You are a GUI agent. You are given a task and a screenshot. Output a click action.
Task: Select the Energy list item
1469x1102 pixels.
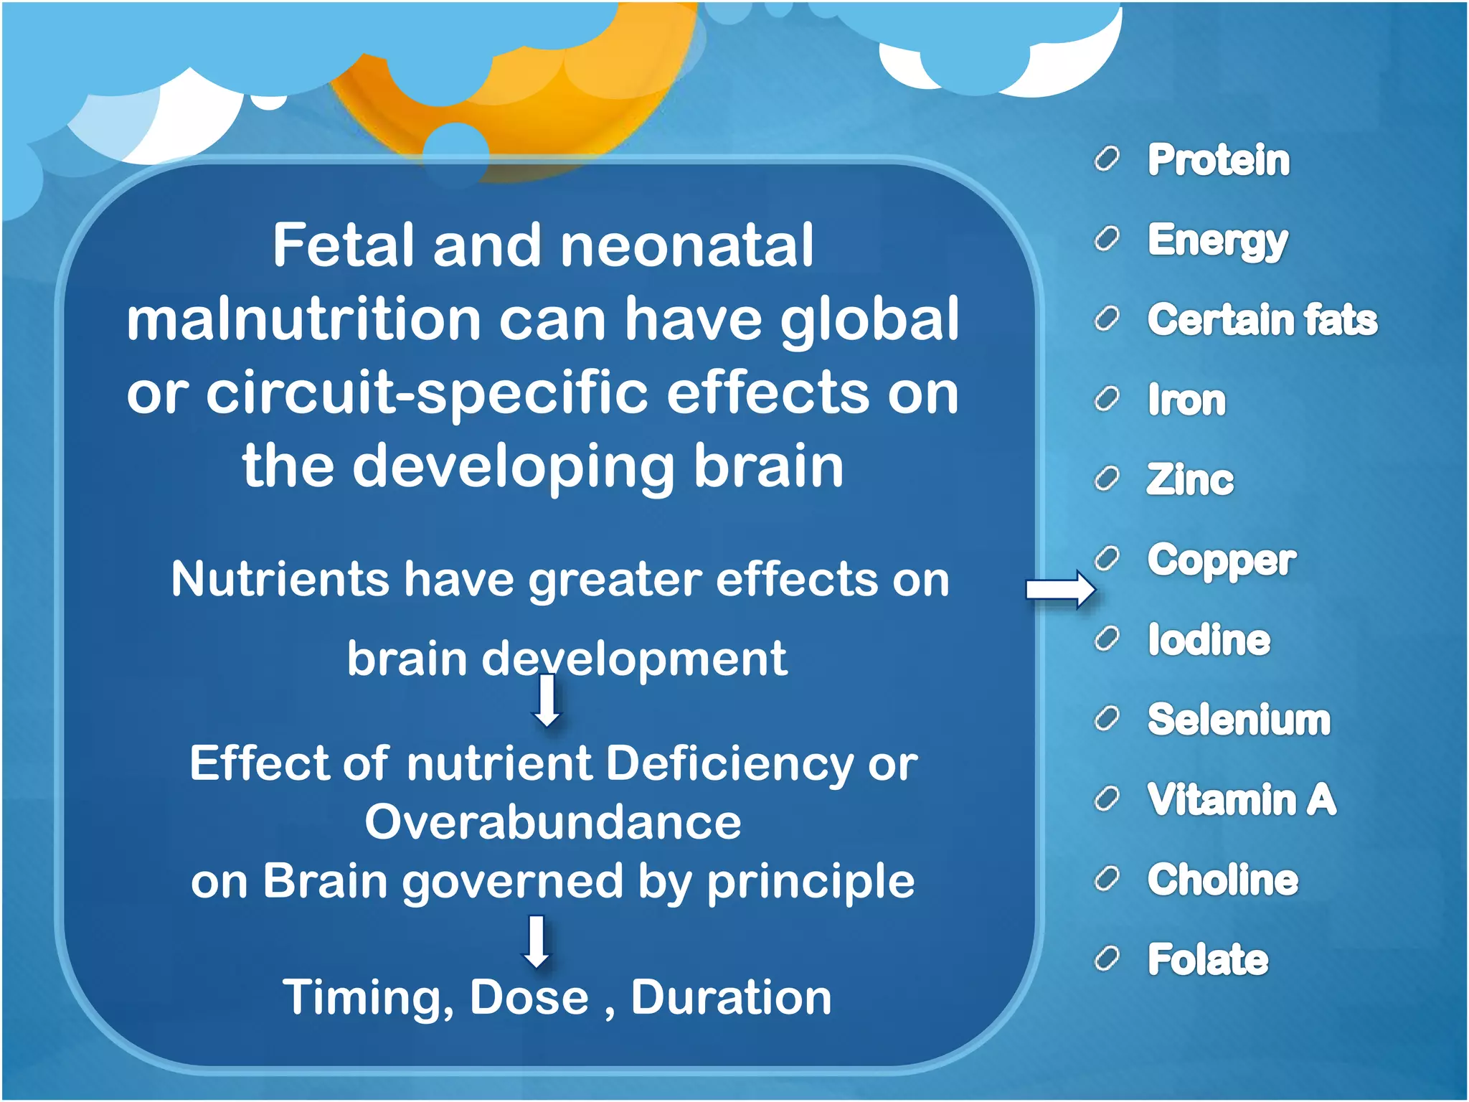1217,240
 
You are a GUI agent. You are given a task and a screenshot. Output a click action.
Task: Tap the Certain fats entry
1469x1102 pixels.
1262,320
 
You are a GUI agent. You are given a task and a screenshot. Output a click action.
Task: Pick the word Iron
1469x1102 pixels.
1186,400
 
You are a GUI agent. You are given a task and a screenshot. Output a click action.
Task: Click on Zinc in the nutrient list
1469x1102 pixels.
1189,479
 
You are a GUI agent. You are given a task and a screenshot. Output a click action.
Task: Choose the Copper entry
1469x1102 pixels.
1221,560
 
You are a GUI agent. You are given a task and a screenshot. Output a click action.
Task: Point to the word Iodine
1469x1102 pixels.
1209,639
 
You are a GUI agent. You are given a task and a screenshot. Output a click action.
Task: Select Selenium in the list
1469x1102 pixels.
1239,720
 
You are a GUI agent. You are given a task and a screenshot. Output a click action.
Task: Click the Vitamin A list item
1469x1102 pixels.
1242,799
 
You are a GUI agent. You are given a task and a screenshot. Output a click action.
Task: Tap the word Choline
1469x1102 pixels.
1222,880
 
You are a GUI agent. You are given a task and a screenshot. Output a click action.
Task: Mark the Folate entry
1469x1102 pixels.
1208,960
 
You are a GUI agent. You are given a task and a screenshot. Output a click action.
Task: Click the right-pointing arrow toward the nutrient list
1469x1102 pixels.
1060,590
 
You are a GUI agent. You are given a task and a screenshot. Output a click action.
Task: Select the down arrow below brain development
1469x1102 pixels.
548,701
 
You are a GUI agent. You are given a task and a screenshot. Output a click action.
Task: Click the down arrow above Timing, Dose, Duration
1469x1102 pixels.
537,941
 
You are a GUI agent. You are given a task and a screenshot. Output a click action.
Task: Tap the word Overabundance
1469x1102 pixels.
553,822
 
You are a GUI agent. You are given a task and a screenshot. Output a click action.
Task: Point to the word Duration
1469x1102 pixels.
731,998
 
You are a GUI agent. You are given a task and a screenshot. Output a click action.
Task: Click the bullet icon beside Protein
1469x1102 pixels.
1107,159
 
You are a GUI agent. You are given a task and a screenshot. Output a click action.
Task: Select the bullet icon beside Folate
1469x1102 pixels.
1107,959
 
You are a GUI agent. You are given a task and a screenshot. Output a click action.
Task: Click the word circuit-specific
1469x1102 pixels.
428,393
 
